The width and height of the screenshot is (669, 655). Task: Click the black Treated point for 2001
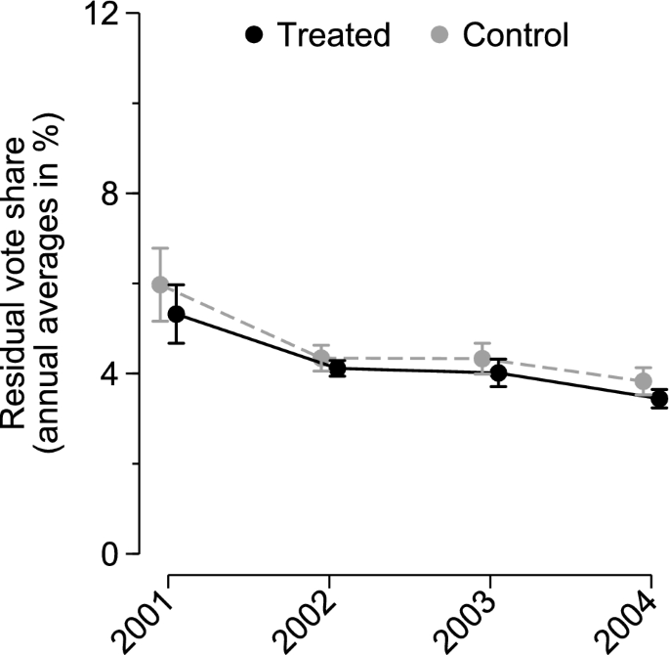[x=176, y=314]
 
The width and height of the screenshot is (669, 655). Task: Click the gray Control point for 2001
[x=160, y=284]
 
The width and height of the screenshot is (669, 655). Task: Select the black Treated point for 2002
[x=337, y=369]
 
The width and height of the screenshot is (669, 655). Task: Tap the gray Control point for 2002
[x=321, y=358]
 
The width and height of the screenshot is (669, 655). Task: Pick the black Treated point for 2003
[x=498, y=372]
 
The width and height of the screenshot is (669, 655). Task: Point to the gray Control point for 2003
[x=482, y=359]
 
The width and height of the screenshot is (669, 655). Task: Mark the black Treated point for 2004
[x=659, y=399]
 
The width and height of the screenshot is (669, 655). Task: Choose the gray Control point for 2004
[x=643, y=381]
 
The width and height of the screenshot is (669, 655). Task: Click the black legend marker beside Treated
[x=255, y=36]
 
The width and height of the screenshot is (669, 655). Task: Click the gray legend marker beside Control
[x=440, y=36]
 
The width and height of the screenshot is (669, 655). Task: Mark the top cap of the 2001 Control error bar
[x=160, y=248]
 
